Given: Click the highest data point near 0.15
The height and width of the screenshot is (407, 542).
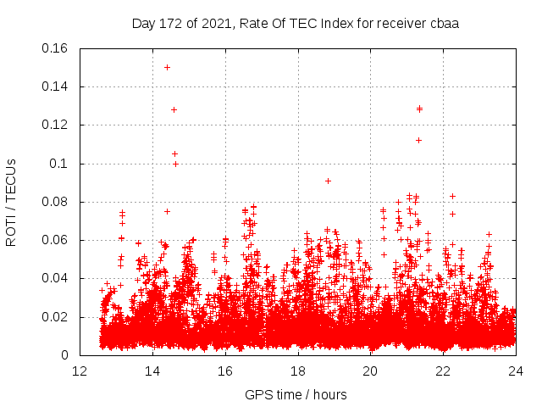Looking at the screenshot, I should click(x=167, y=67).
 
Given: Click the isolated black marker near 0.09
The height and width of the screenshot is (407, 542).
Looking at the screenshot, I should click(x=328, y=181).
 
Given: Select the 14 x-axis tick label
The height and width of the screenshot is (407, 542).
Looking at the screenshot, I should click(x=152, y=371).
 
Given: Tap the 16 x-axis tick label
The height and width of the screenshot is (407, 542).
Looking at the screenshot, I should click(x=225, y=371).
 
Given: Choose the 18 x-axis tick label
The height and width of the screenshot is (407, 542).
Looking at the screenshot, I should click(x=298, y=371).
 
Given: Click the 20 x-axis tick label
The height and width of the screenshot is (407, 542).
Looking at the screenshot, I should click(x=370, y=371).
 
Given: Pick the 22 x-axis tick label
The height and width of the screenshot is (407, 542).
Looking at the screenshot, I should click(x=443, y=371).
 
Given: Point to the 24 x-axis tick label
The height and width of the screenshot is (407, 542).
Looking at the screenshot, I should click(x=516, y=371).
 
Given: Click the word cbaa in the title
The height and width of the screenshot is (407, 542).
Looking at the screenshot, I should click(x=444, y=24).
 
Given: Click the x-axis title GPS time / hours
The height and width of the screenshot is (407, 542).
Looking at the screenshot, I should click(x=296, y=394).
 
